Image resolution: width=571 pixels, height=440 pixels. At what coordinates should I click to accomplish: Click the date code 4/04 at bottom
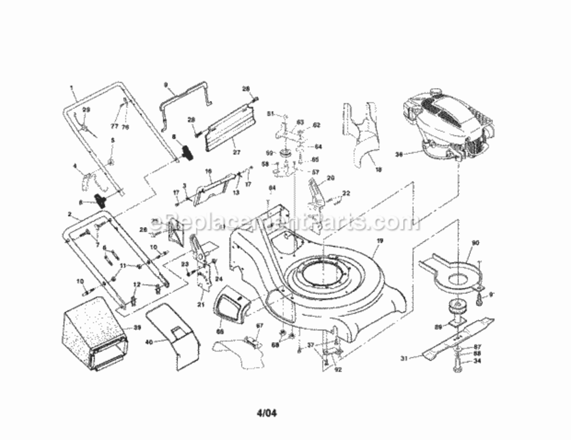tap(265, 413)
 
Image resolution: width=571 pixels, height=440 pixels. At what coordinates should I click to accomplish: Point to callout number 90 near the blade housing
tap(475, 242)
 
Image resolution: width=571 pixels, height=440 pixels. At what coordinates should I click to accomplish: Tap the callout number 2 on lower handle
tap(70, 215)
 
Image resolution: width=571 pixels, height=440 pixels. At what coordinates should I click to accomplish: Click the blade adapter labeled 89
tap(454, 310)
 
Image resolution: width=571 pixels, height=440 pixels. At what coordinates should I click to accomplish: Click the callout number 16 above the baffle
tap(208, 172)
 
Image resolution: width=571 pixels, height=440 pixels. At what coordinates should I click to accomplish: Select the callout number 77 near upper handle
tap(114, 126)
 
